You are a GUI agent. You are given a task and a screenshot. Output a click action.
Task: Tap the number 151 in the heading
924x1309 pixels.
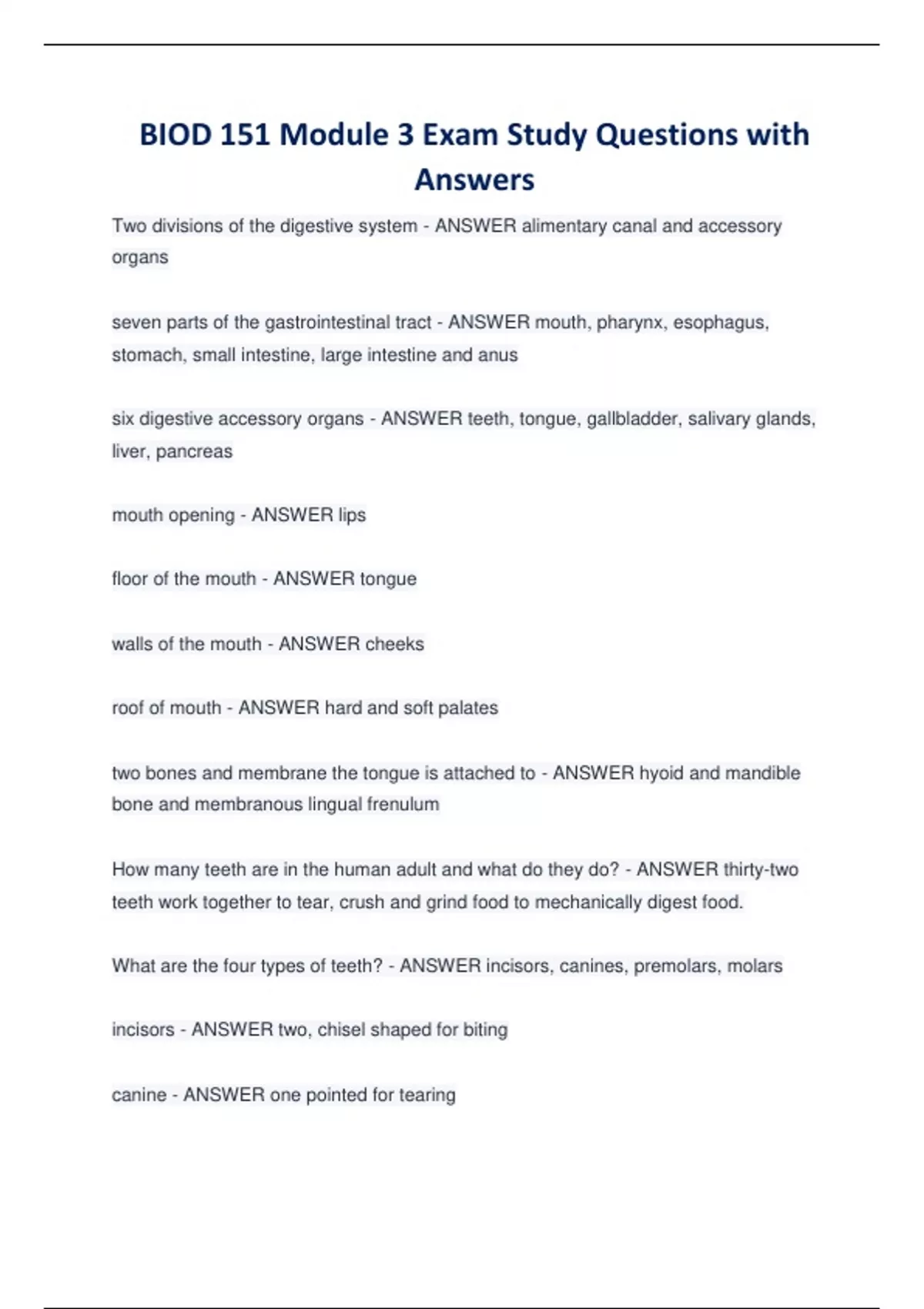pyautogui.click(x=245, y=135)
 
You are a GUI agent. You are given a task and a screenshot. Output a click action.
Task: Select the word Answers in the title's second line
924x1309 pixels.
pyautogui.click(x=474, y=180)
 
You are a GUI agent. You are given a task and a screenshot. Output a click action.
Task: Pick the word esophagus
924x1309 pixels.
pyautogui.click(x=721, y=322)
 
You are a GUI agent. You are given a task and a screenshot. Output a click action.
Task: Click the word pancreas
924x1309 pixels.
pyautogui.click(x=194, y=451)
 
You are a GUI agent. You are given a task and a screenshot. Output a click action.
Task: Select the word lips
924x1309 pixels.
pyautogui.click(x=351, y=515)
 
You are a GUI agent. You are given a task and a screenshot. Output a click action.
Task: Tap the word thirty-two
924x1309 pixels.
pyautogui.click(x=761, y=869)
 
